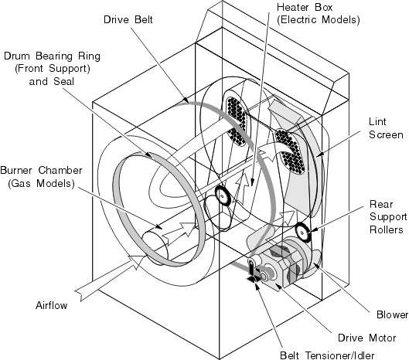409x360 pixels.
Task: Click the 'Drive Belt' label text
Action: pyautogui.click(x=129, y=16)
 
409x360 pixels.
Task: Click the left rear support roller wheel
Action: pyautogui.click(x=223, y=196)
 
